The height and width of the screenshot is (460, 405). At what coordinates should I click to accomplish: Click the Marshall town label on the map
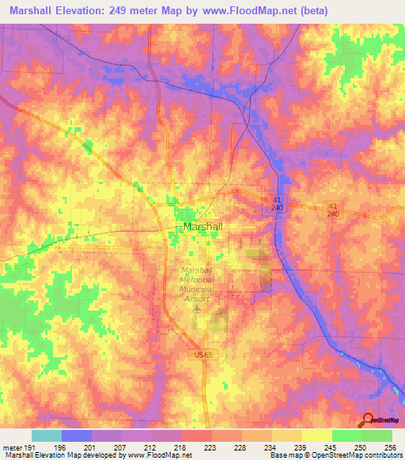click(202, 227)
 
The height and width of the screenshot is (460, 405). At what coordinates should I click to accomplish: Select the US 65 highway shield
click(202, 357)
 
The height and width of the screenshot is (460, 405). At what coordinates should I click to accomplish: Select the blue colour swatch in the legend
click(76, 436)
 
